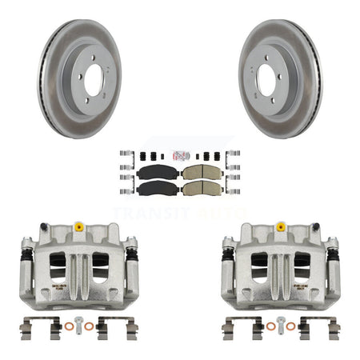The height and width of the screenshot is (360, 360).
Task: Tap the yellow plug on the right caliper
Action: (280, 227)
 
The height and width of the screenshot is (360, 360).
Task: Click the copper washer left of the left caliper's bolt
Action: (67, 325)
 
